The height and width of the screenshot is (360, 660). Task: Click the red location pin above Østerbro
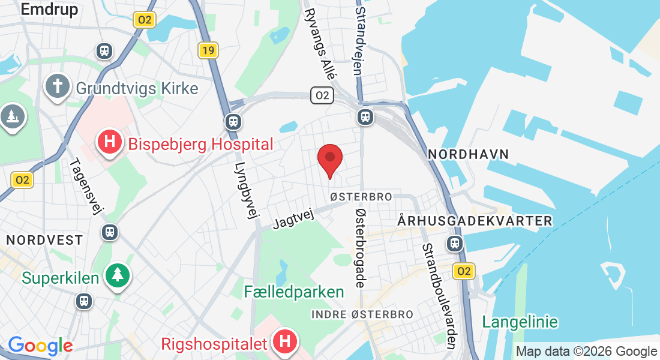(x=329, y=159)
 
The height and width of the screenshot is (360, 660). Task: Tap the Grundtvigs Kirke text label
(x=137, y=89)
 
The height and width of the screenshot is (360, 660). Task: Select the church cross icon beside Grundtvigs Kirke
(x=58, y=86)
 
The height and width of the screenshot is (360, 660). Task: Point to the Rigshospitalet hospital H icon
(x=285, y=341)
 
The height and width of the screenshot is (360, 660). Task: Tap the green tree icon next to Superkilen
(x=118, y=275)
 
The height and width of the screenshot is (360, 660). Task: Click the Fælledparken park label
(x=294, y=292)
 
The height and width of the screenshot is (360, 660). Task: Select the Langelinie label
(x=520, y=322)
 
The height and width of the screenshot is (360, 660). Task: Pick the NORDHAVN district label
(x=469, y=155)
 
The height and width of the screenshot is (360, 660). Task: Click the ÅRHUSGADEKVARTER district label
(x=475, y=221)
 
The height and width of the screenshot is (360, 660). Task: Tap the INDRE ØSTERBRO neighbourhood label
(x=362, y=314)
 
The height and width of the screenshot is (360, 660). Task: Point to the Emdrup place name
(x=49, y=9)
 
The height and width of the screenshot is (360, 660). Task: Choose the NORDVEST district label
(x=44, y=240)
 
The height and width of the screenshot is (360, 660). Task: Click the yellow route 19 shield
(x=208, y=50)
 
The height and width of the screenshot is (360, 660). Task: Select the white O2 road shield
(x=322, y=95)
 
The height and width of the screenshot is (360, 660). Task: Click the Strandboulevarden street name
(x=440, y=295)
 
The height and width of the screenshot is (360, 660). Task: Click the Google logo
(x=40, y=346)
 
